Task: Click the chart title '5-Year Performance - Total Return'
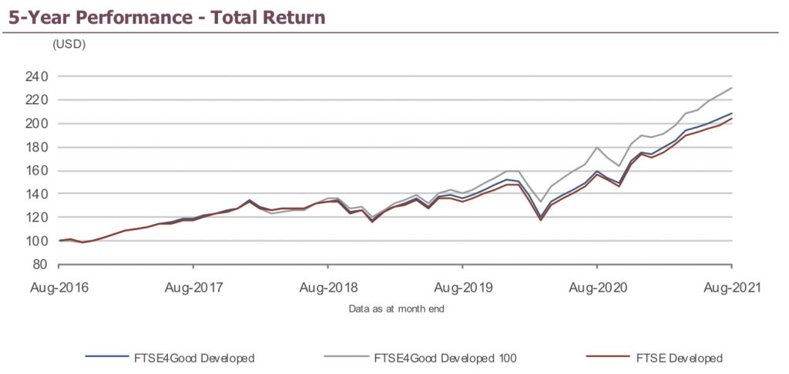pos(166,16)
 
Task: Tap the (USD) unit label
pos(69,45)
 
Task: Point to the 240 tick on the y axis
pos(37,76)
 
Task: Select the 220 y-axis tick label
pos(37,100)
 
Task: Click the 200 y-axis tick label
pos(37,123)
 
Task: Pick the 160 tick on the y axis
pos(37,170)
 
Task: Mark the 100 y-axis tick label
pos(37,241)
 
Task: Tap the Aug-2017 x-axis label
pos(193,288)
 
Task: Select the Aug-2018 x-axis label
pos(329,288)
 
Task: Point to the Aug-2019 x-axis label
pos(462,288)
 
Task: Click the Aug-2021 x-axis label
pos(732,288)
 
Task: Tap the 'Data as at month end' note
pos(395,309)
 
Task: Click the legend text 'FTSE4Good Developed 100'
pos(445,358)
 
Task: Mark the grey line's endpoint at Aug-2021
pos(731,88)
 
